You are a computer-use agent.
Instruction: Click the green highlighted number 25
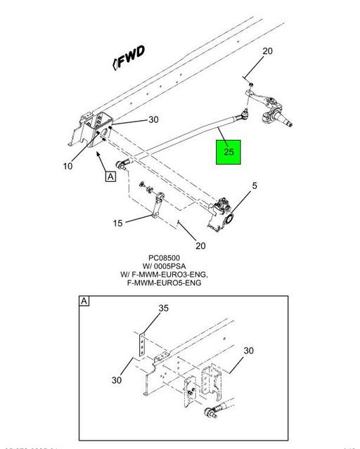pyautogui.click(x=229, y=152)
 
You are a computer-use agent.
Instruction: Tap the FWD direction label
pyautogui.click(x=129, y=58)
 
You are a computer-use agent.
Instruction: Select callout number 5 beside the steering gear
pyautogui.click(x=254, y=186)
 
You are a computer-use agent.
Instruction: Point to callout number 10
pyautogui.click(x=67, y=167)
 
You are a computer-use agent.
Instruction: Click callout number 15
pyautogui.click(x=117, y=223)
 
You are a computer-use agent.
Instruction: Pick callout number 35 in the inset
pyautogui.click(x=163, y=308)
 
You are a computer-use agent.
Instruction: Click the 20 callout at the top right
pyautogui.click(x=267, y=51)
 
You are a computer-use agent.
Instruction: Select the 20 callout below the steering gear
pyautogui.click(x=200, y=245)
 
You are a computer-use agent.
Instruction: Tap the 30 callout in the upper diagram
pyautogui.click(x=153, y=120)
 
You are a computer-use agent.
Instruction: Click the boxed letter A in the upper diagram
pyautogui.click(x=110, y=176)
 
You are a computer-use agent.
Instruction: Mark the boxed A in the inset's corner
pyautogui.click(x=84, y=301)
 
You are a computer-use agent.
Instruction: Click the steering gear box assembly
pyautogui.click(x=221, y=214)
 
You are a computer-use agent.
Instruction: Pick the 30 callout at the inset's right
pyautogui.click(x=249, y=351)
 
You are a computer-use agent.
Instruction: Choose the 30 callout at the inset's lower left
pyautogui.click(x=117, y=380)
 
